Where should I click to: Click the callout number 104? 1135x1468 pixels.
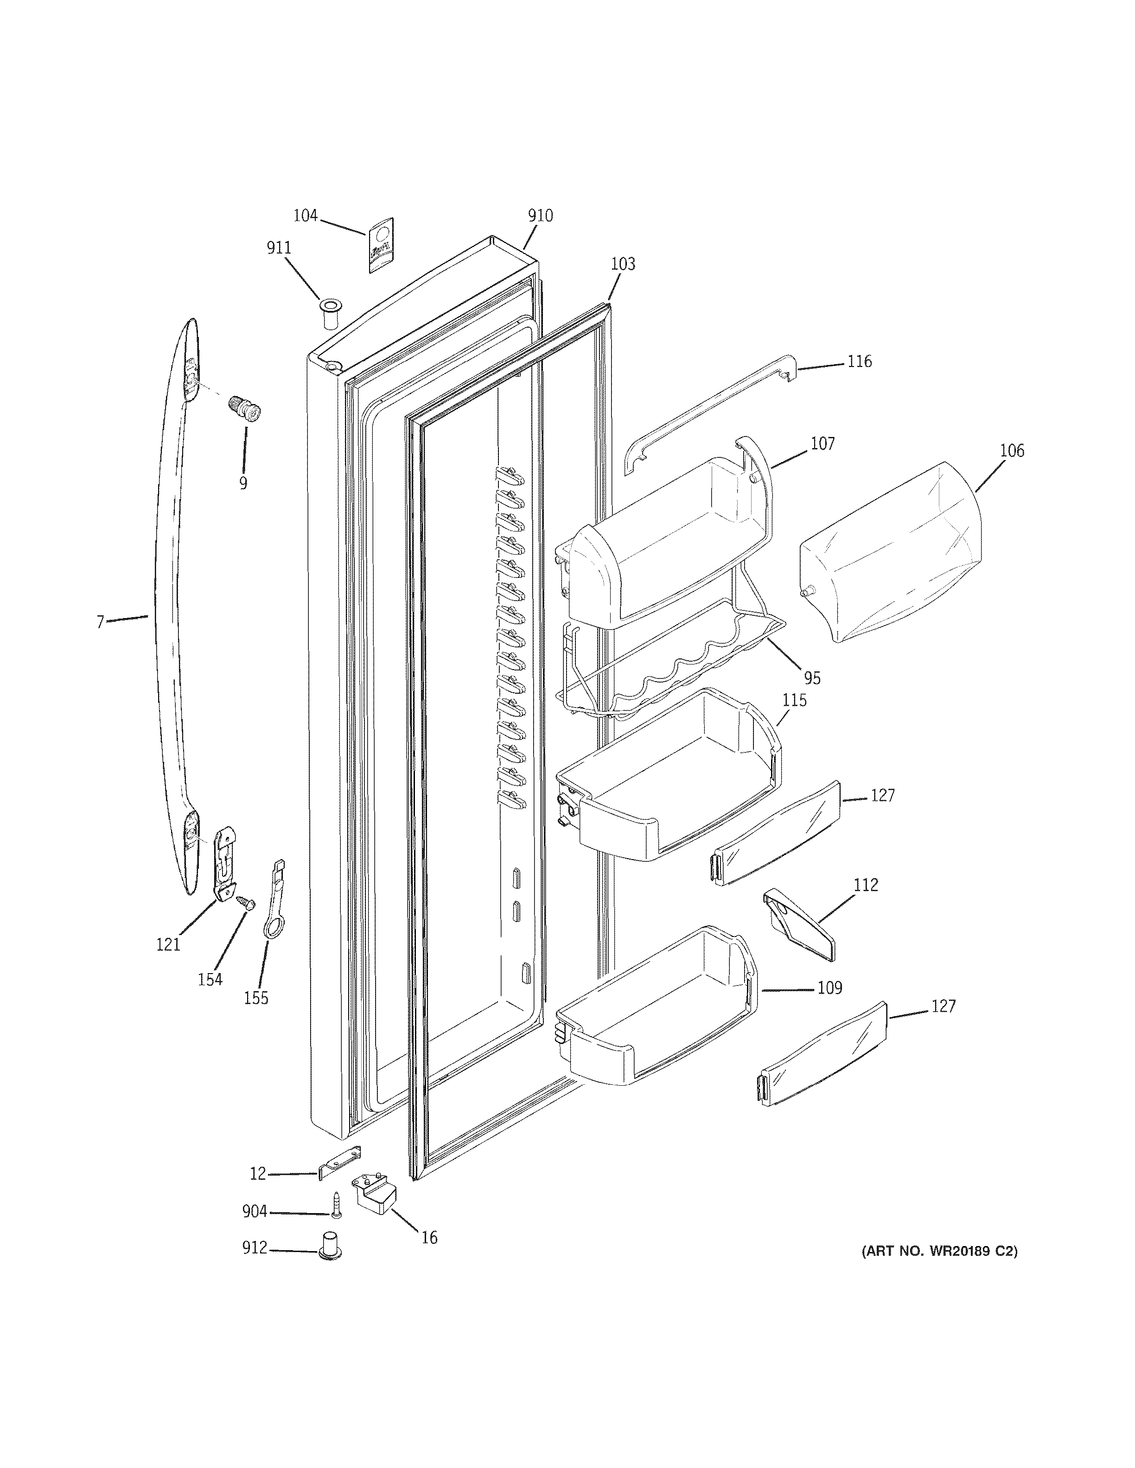[305, 216]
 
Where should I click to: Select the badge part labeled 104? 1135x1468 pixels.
[381, 246]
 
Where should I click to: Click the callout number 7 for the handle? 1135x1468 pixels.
[100, 622]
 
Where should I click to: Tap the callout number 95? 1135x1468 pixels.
[812, 678]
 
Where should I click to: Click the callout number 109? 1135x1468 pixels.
[830, 988]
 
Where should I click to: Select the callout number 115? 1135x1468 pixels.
[794, 700]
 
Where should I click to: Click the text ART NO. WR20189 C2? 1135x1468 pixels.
[939, 1252]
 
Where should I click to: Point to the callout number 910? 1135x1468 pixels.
[540, 216]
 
